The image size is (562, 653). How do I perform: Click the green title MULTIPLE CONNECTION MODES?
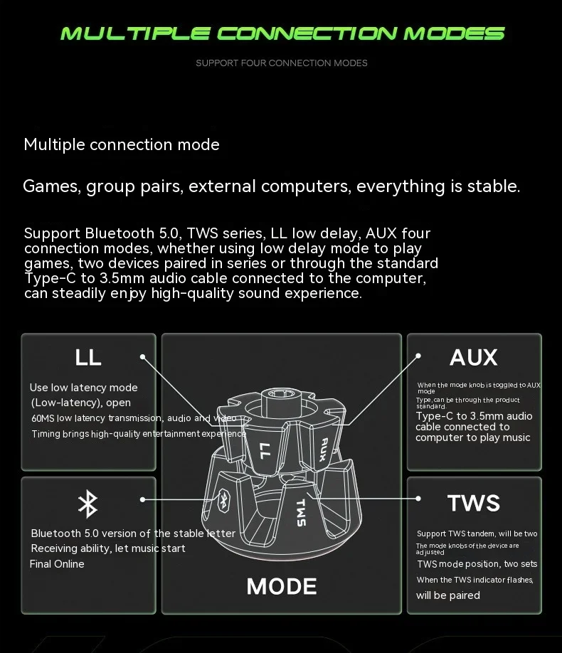[282, 33]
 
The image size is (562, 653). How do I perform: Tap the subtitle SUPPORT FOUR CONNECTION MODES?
[282, 63]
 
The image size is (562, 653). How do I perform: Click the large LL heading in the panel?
[88, 357]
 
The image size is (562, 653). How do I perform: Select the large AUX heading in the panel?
[473, 357]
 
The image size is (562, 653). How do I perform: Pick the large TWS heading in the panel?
[474, 504]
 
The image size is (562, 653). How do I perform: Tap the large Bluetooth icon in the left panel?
[88, 504]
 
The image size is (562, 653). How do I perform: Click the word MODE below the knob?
[282, 586]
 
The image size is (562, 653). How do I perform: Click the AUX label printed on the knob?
[324, 449]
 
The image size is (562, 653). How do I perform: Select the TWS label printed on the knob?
[300, 512]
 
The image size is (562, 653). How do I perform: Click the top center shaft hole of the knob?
[282, 393]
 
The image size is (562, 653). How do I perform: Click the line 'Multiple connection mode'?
[122, 145]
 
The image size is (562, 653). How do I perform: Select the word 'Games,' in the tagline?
[52, 187]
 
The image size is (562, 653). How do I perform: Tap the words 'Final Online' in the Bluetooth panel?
[57, 564]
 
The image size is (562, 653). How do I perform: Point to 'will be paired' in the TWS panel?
[448, 595]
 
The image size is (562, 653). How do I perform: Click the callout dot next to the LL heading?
[143, 357]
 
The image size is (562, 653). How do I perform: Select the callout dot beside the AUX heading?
[418, 355]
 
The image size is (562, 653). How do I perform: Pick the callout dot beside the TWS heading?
[418, 499]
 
